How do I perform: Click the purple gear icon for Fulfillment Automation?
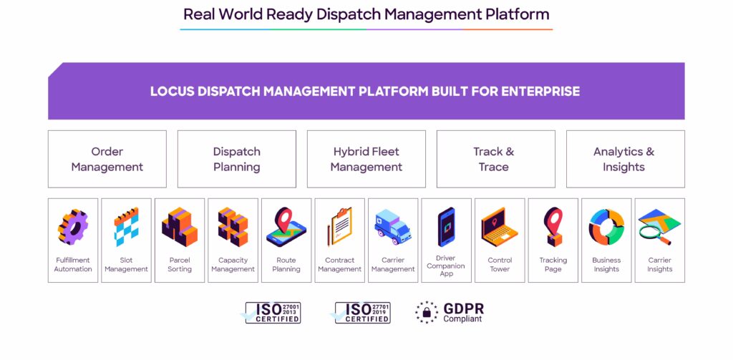pyautogui.click(x=73, y=228)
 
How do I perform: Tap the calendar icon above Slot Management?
pyautogui.click(x=126, y=227)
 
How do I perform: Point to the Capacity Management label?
pyautogui.click(x=233, y=265)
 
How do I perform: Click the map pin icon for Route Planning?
pyautogui.click(x=286, y=227)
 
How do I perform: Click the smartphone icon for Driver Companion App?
pyautogui.click(x=446, y=227)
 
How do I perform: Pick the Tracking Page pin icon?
pyautogui.click(x=553, y=227)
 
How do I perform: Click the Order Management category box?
pyautogui.click(x=107, y=159)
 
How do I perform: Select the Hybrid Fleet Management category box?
pyautogui.click(x=366, y=159)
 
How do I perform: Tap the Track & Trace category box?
pyautogui.click(x=495, y=159)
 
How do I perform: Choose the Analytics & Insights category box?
pyautogui.click(x=625, y=159)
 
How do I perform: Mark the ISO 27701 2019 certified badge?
pyautogui.click(x=361, y=313)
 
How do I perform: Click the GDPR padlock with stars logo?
pyautogui.click(x=427, y=312)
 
